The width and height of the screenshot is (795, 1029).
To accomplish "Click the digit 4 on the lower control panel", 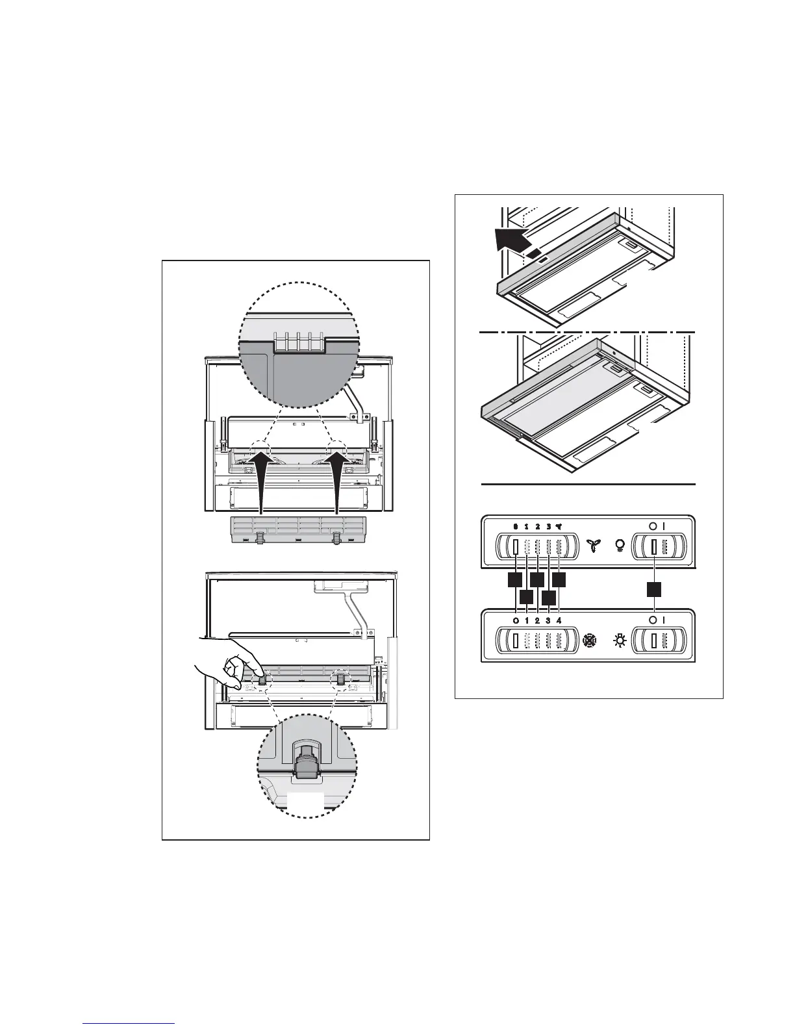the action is point(559,620).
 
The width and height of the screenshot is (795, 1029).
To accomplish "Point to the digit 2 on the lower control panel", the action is point(537,620).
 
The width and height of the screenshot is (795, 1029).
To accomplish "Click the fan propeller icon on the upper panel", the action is point(592,546).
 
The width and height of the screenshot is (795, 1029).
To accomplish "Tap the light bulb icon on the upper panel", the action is point(618,546).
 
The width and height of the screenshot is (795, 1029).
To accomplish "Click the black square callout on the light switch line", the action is point(654,589).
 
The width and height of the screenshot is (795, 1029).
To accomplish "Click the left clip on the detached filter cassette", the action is point(260,538).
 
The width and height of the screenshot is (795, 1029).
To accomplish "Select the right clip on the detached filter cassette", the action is point(336,538).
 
